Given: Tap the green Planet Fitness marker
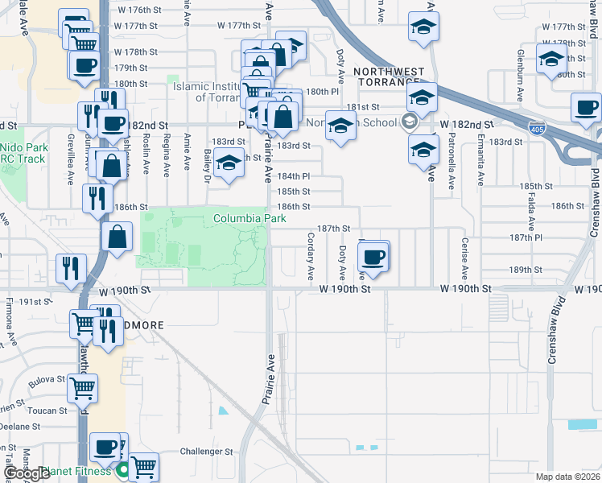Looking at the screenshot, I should (x=123, y=470).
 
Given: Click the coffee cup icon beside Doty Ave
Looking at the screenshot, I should (x=372, y=257).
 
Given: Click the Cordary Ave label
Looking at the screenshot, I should (x=310, y=256).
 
